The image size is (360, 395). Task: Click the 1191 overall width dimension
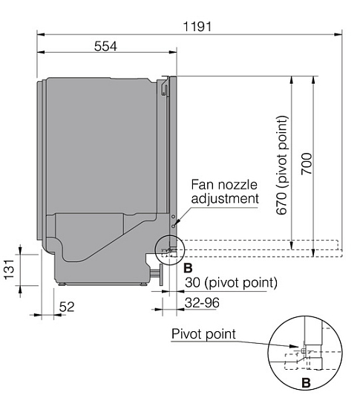tap(197, 27)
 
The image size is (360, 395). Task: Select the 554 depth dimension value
tap(105, 46)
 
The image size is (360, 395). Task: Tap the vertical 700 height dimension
tap(307, 163)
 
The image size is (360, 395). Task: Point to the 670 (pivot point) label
tap(281, 165)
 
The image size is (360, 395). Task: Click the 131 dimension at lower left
tap(9, 270)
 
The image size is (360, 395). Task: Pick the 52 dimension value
tap(67, 307)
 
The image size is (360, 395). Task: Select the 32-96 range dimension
tap(202, 302)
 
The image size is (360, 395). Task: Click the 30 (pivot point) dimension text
tap(232, 282)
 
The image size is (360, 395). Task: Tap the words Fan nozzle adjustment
tap(225, 192)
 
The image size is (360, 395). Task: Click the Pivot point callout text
tap(203, 334)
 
